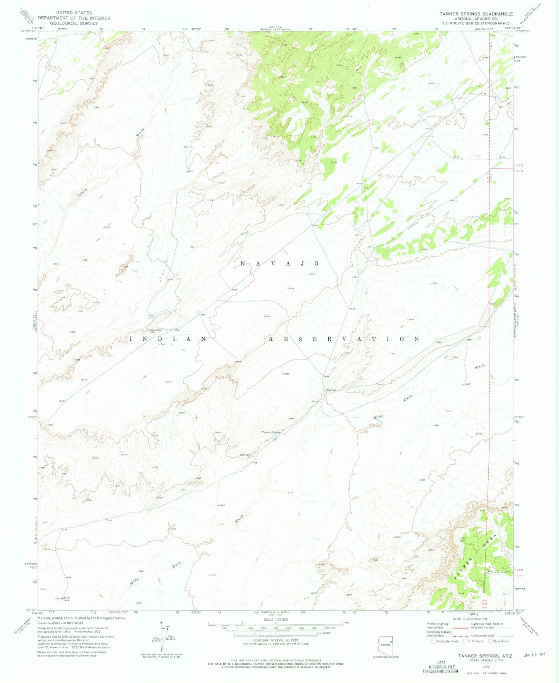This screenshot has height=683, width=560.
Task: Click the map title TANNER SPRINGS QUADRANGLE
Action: (x=476, y=14)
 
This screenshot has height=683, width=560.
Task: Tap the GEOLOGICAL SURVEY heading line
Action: (x=74, y=23)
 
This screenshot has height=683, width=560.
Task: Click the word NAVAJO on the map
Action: (x=279, y=264)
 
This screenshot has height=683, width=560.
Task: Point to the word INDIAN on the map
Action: (x=168, y=339)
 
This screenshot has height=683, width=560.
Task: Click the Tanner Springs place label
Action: (x=272, y=432)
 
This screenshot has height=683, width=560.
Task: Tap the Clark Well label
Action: (x=156, y=330)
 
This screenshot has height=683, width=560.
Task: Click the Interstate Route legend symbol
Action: (x=434, y=641)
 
